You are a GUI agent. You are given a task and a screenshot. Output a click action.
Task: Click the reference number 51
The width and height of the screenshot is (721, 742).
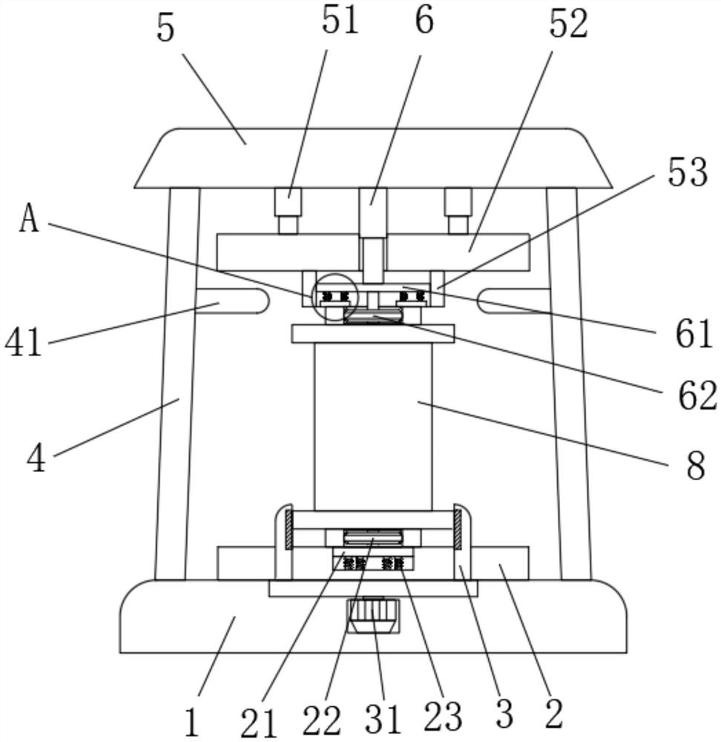pos(340,21)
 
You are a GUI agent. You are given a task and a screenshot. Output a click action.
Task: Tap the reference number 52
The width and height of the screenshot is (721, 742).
pos(568,24)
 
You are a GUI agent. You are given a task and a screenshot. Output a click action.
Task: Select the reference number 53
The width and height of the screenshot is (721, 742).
pos(688,172)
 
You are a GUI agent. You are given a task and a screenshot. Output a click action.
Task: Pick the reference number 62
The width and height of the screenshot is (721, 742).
pos(697,395)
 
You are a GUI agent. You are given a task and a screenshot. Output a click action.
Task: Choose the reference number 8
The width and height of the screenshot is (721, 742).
pos(696,466)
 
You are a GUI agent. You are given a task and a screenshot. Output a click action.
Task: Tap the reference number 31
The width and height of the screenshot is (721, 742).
pos(382,718)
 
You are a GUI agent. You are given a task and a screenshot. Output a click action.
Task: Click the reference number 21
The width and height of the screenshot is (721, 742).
pos(258,723)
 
